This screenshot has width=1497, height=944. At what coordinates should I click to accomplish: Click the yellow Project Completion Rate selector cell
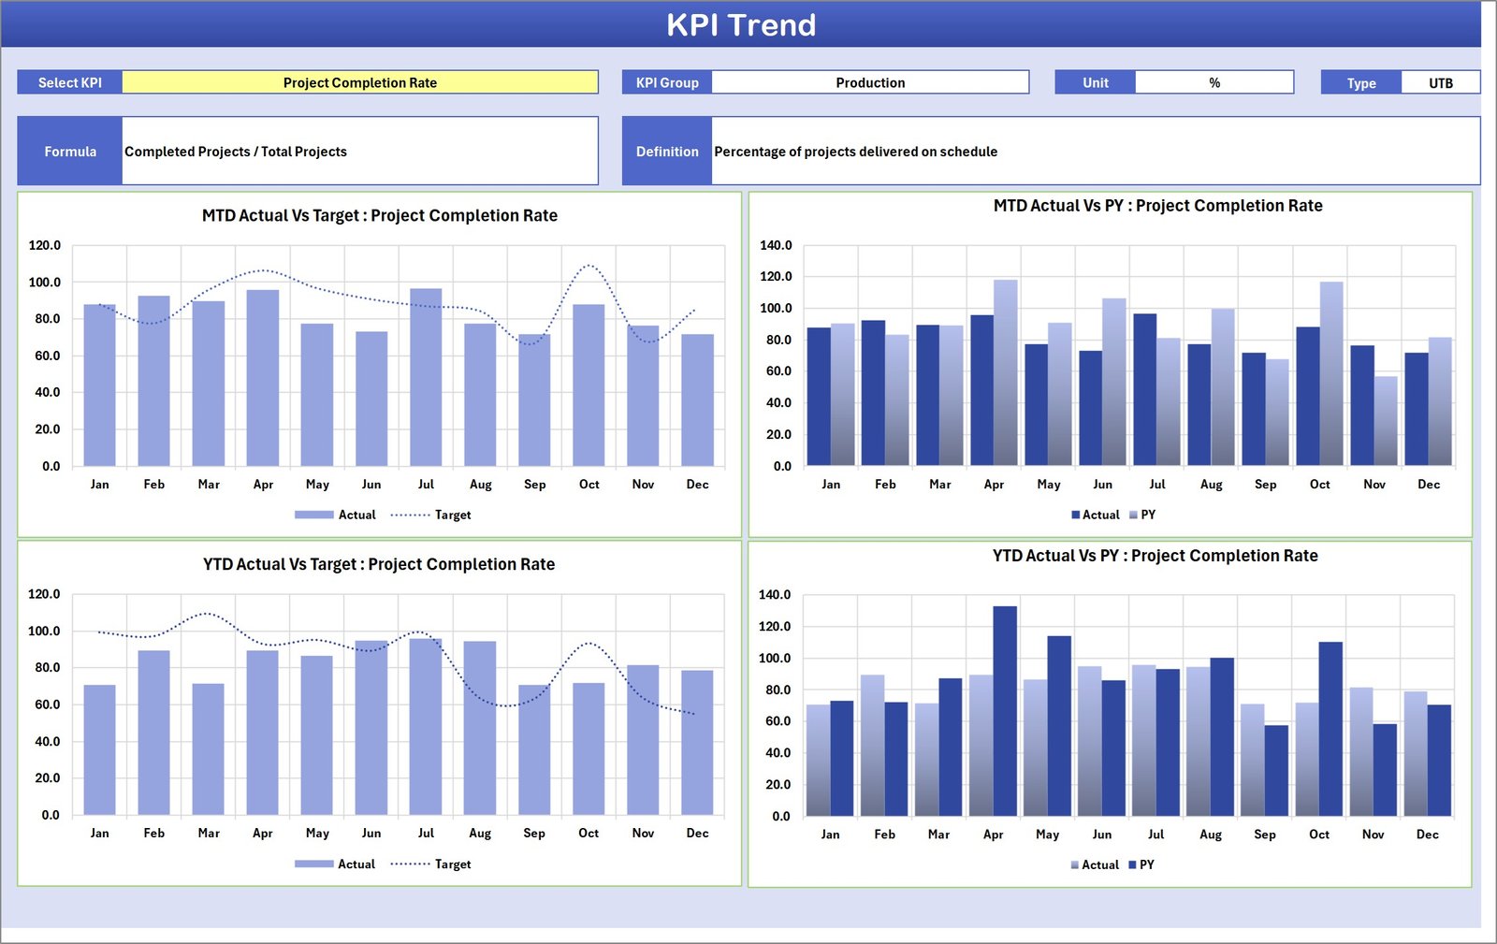[x=360, y=82]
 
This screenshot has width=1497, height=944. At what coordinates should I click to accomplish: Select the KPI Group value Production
[x=870, y=82]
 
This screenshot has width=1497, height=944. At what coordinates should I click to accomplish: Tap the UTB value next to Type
[x=1440, y=82]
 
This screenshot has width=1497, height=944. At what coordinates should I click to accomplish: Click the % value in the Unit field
[x=1214, y=82]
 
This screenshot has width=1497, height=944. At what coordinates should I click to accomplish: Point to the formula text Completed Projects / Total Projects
[x=236, y=152]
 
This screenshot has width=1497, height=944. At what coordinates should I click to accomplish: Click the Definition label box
[x=667, y=152]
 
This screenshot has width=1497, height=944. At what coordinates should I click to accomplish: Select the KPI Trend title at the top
[x=741, y=24]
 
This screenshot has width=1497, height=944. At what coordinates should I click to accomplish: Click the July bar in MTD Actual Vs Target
[x=426, y=379]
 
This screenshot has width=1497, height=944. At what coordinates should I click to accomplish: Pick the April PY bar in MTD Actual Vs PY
[x=1005, y=374]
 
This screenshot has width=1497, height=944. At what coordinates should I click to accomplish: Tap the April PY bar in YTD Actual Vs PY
[x=1005, y=711]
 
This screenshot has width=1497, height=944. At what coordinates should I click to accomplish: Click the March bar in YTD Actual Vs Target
[x=209, y=748]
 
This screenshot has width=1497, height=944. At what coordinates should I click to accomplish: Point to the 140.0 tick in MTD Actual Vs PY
[x=776, y=245]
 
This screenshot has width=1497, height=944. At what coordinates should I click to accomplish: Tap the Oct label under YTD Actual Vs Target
[x=589, y=833]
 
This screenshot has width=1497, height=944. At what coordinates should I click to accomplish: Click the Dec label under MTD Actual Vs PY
[x=1428, y=484]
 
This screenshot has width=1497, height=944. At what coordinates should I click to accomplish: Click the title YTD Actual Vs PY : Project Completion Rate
[x=1155, y=556]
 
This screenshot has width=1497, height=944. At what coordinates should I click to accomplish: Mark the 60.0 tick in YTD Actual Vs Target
[x=47, y=704]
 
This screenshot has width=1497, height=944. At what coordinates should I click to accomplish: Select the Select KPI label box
[x=70, y=82]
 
